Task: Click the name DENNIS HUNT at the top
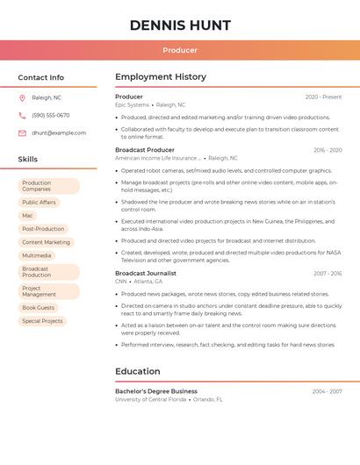pos(180,25)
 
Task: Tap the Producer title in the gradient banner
pos(180,51)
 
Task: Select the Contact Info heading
pos(41,77)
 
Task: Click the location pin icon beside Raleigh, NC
pos(22,97)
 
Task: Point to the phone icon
pos(22,115)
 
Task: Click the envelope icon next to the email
pos(22,133)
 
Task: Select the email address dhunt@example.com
pos(59,133)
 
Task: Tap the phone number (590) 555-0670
pos(51,115)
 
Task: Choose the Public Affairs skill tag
pos(39,202)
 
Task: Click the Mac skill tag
pos(27,215)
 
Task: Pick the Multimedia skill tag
pos(37,255)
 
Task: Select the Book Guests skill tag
pos(39,308)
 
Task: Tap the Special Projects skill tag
pos(42,321)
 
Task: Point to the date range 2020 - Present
pos(323,97)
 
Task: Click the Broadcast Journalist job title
pos(146,274)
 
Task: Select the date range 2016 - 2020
pos(328,150)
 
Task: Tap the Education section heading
pos(138,371)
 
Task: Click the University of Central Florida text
pos(151,399)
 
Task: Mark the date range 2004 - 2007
pos(327,391)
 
